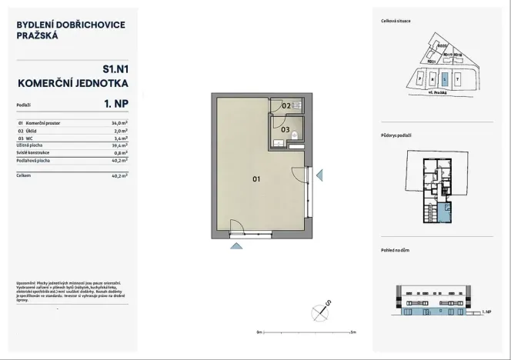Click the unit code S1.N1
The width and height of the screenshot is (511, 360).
113,68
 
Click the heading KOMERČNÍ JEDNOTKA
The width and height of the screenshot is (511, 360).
72,82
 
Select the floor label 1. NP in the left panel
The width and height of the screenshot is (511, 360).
113,103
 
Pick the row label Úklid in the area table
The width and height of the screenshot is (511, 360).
32,131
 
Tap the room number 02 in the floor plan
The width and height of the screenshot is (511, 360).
285,105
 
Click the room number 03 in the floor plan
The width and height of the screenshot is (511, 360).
284,131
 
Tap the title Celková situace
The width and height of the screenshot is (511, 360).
396,21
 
